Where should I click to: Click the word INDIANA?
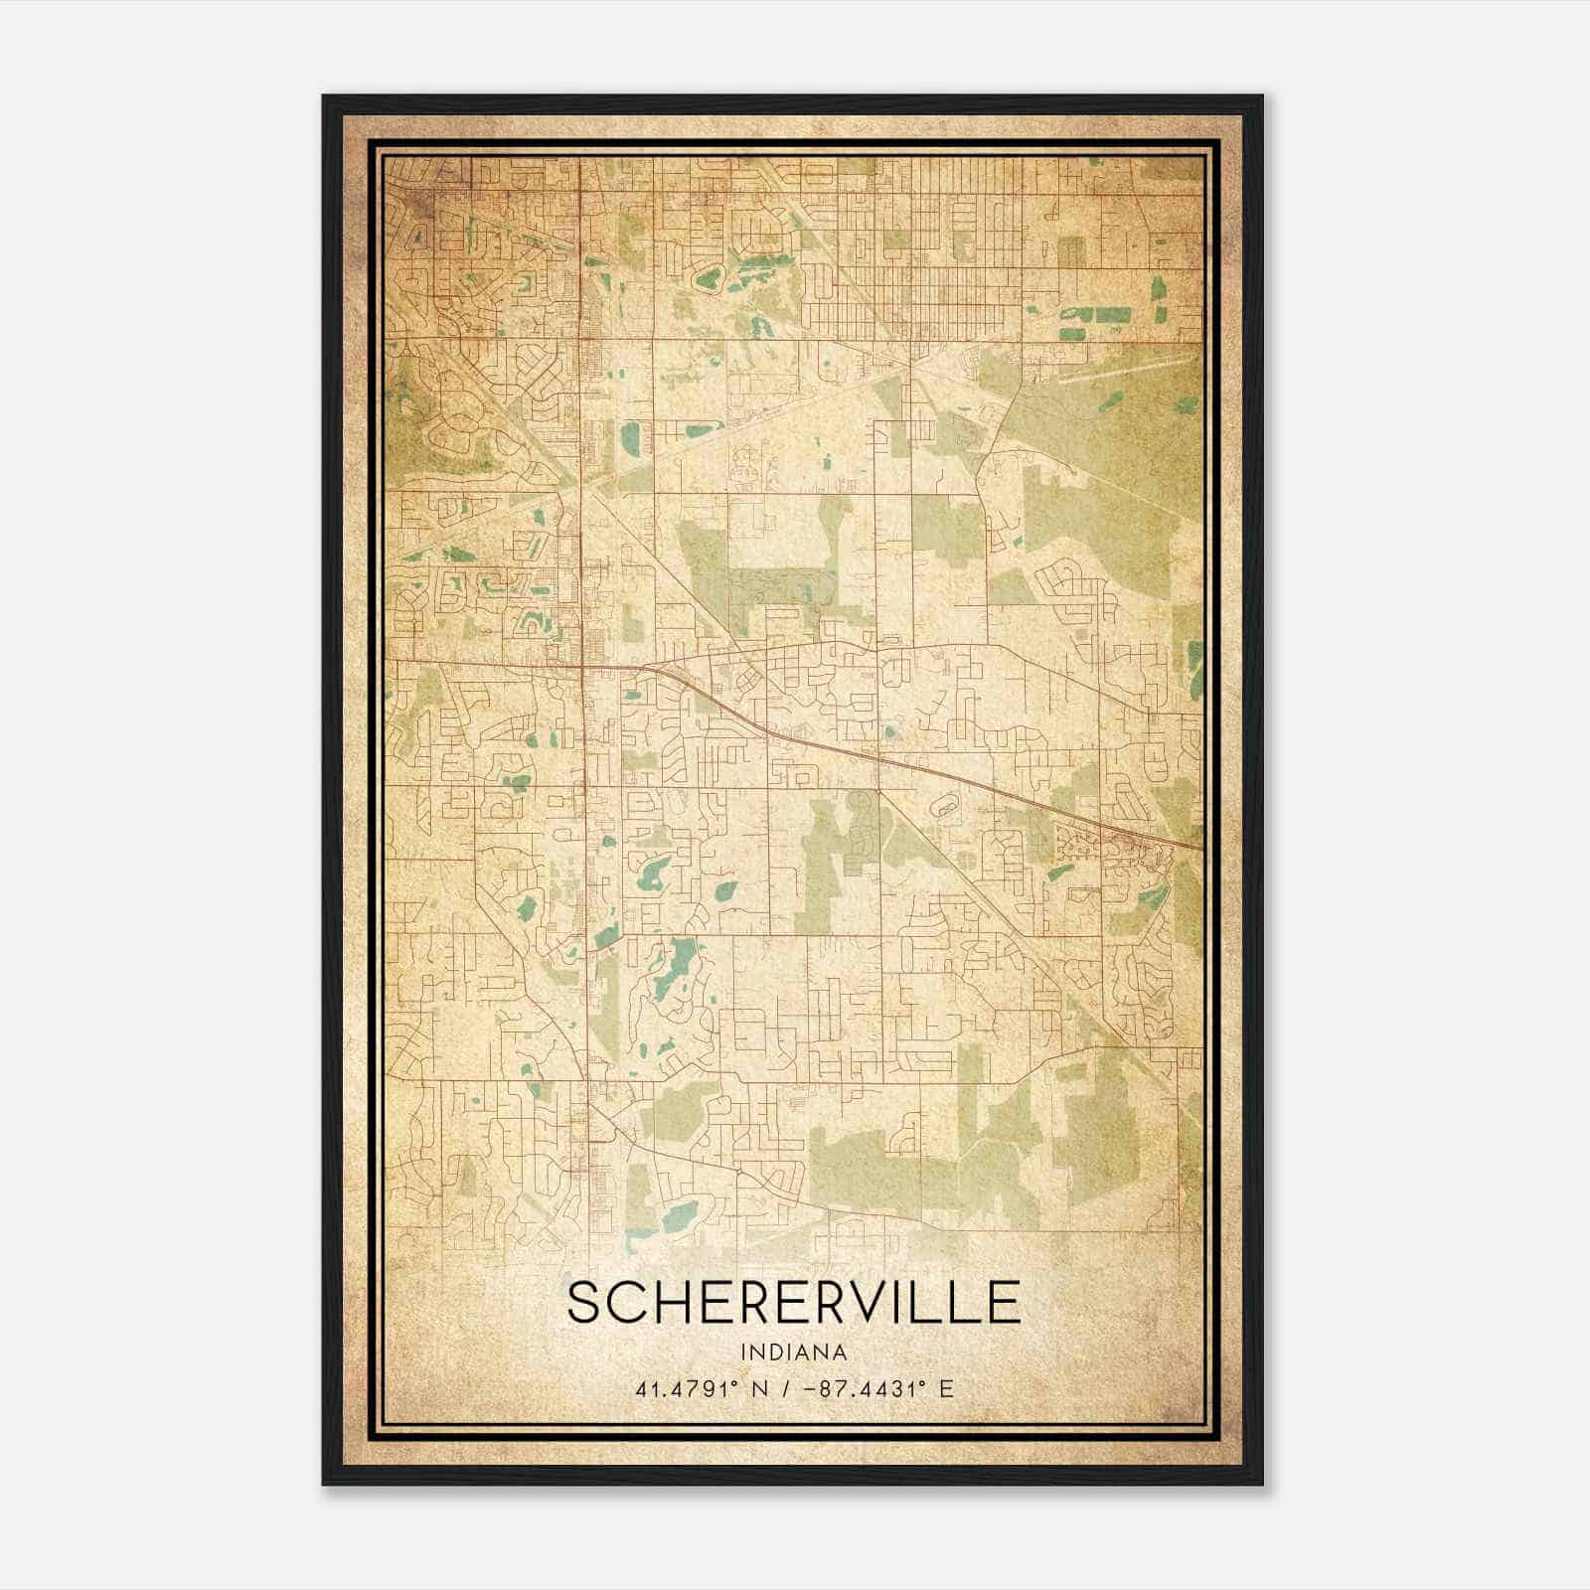(793, 1352)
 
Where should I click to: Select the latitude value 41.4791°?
(686, 1388)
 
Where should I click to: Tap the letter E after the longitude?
(946, 1388)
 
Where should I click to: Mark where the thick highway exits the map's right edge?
(1199, 849)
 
